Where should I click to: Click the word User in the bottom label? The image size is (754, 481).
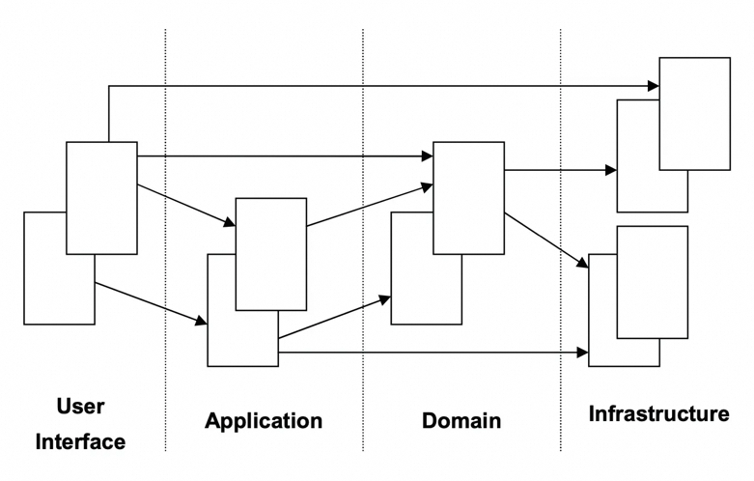[x=80, y=407]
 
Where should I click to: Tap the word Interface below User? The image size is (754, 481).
[x=80, y=442]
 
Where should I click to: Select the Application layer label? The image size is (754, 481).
[x=264, y=421]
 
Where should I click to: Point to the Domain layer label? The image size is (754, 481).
[x=461, y=421]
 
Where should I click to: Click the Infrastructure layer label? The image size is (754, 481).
[x=658, y=413]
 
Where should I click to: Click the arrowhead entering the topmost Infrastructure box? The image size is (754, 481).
[x=654, y=86]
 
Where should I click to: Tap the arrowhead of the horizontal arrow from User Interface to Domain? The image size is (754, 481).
[x=428, y=156]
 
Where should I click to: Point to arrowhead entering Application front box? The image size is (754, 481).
[x=230, y=222]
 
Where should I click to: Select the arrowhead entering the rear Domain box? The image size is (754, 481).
[x=385, y=300]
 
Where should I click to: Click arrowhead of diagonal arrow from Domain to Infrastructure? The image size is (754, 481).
[x=583, y=263]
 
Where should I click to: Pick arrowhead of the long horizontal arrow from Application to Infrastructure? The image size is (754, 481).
[x=583, y=353]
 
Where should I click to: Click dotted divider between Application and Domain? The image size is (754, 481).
[x=363, y=240]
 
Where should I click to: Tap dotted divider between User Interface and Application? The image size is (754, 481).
[x=165, y=240]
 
